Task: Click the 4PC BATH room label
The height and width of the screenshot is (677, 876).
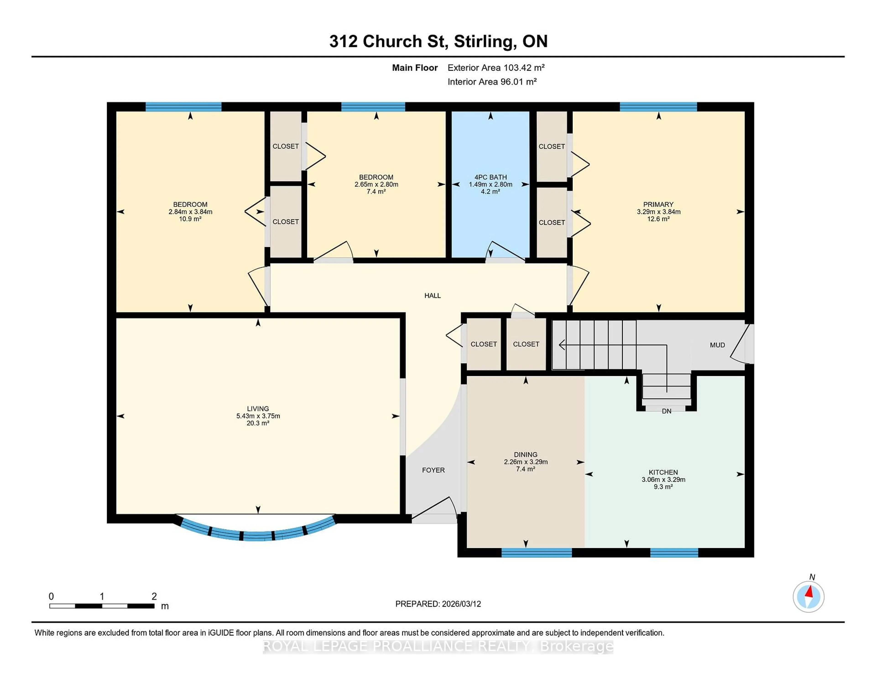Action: [x=490, y=177]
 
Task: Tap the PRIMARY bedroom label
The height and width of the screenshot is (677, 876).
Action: [x=658, y=204]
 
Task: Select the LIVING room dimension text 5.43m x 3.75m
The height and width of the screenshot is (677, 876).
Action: [x=258, y=416]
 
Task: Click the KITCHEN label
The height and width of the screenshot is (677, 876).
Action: [x=663, y=472]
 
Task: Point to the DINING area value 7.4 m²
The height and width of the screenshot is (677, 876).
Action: [x=525, y=469]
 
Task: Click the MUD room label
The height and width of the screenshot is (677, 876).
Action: [x=717, y=345]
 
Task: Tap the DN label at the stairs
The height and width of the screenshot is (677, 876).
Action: [x=666, y=411]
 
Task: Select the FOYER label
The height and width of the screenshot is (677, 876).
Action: [x=433, y=470]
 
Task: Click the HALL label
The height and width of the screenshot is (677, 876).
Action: [x=432, y=296]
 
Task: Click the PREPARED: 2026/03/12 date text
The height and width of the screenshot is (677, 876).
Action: [x=438, y=604]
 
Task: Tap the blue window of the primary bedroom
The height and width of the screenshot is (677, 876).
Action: [x=658, y=107]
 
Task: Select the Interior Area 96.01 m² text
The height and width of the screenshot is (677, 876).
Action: [x=492, y=82]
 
